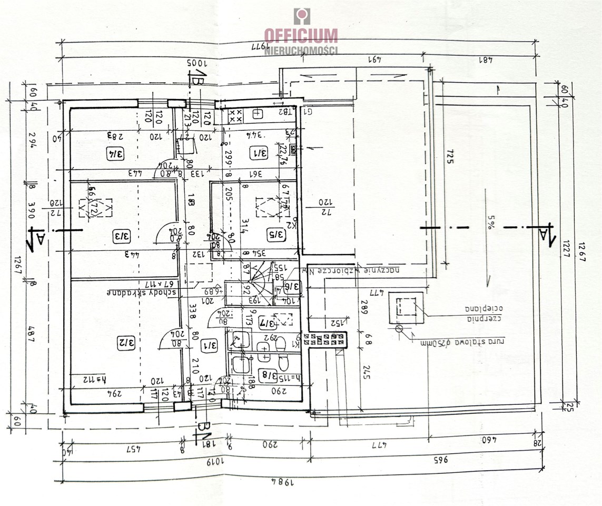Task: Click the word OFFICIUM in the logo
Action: coord(301,36)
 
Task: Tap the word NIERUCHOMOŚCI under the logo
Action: coord(301,51)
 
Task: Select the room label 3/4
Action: coord(116,154)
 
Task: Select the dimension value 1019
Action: coord(212,464)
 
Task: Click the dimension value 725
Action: coord(449,157)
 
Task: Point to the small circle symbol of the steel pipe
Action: coord(399,329)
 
